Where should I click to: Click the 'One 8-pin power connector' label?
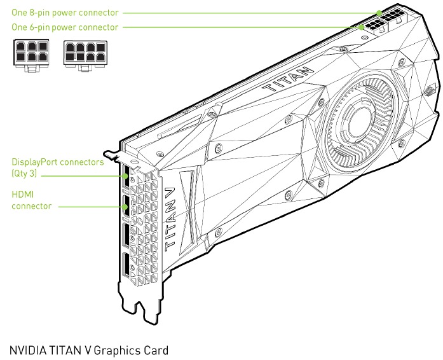[x=65, y=13]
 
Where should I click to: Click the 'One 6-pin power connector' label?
[x=65, y=27]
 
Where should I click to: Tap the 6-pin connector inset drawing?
[x=31, y=55]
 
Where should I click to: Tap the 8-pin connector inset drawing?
[x=85, y=55]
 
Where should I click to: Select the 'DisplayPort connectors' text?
[x=58, y=162]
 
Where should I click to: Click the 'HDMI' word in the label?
[x=23, y=195]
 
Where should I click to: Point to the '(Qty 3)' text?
[x=24, y=174]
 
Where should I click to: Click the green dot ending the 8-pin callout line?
[x=379, y=13]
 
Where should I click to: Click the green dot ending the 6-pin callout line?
[x=362, y=27]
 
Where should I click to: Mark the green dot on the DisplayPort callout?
[x=125, y=176]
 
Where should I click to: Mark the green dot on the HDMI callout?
[x=125, y=207]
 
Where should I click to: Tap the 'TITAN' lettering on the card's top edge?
[x=288, y=79]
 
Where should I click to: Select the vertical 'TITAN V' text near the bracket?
[x=170, y=219]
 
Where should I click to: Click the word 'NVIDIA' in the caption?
[x=28, y=350]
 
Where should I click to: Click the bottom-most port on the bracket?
[x=126, y=265]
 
